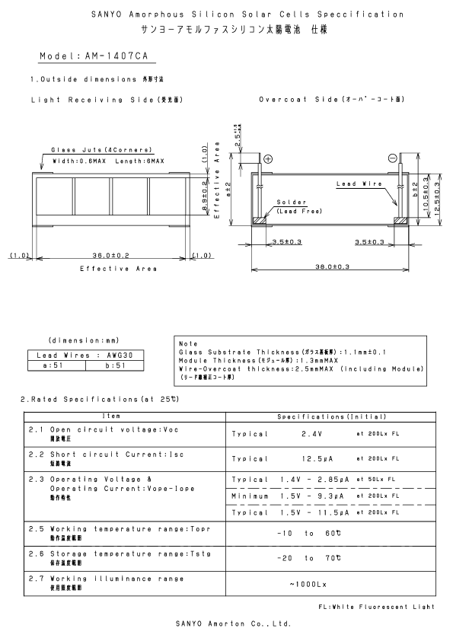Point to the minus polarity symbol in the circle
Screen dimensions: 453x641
click(x=392, y=158)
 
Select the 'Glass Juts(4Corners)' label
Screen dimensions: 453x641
click(x=101, y=150)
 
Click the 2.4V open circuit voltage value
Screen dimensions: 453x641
click(x=313, y=434)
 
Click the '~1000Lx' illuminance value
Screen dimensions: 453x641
click(x=310, y=584)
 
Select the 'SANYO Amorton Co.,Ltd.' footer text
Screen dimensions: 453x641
click(x=228, y=623)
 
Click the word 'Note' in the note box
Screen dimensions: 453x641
click(x=187, y=344)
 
